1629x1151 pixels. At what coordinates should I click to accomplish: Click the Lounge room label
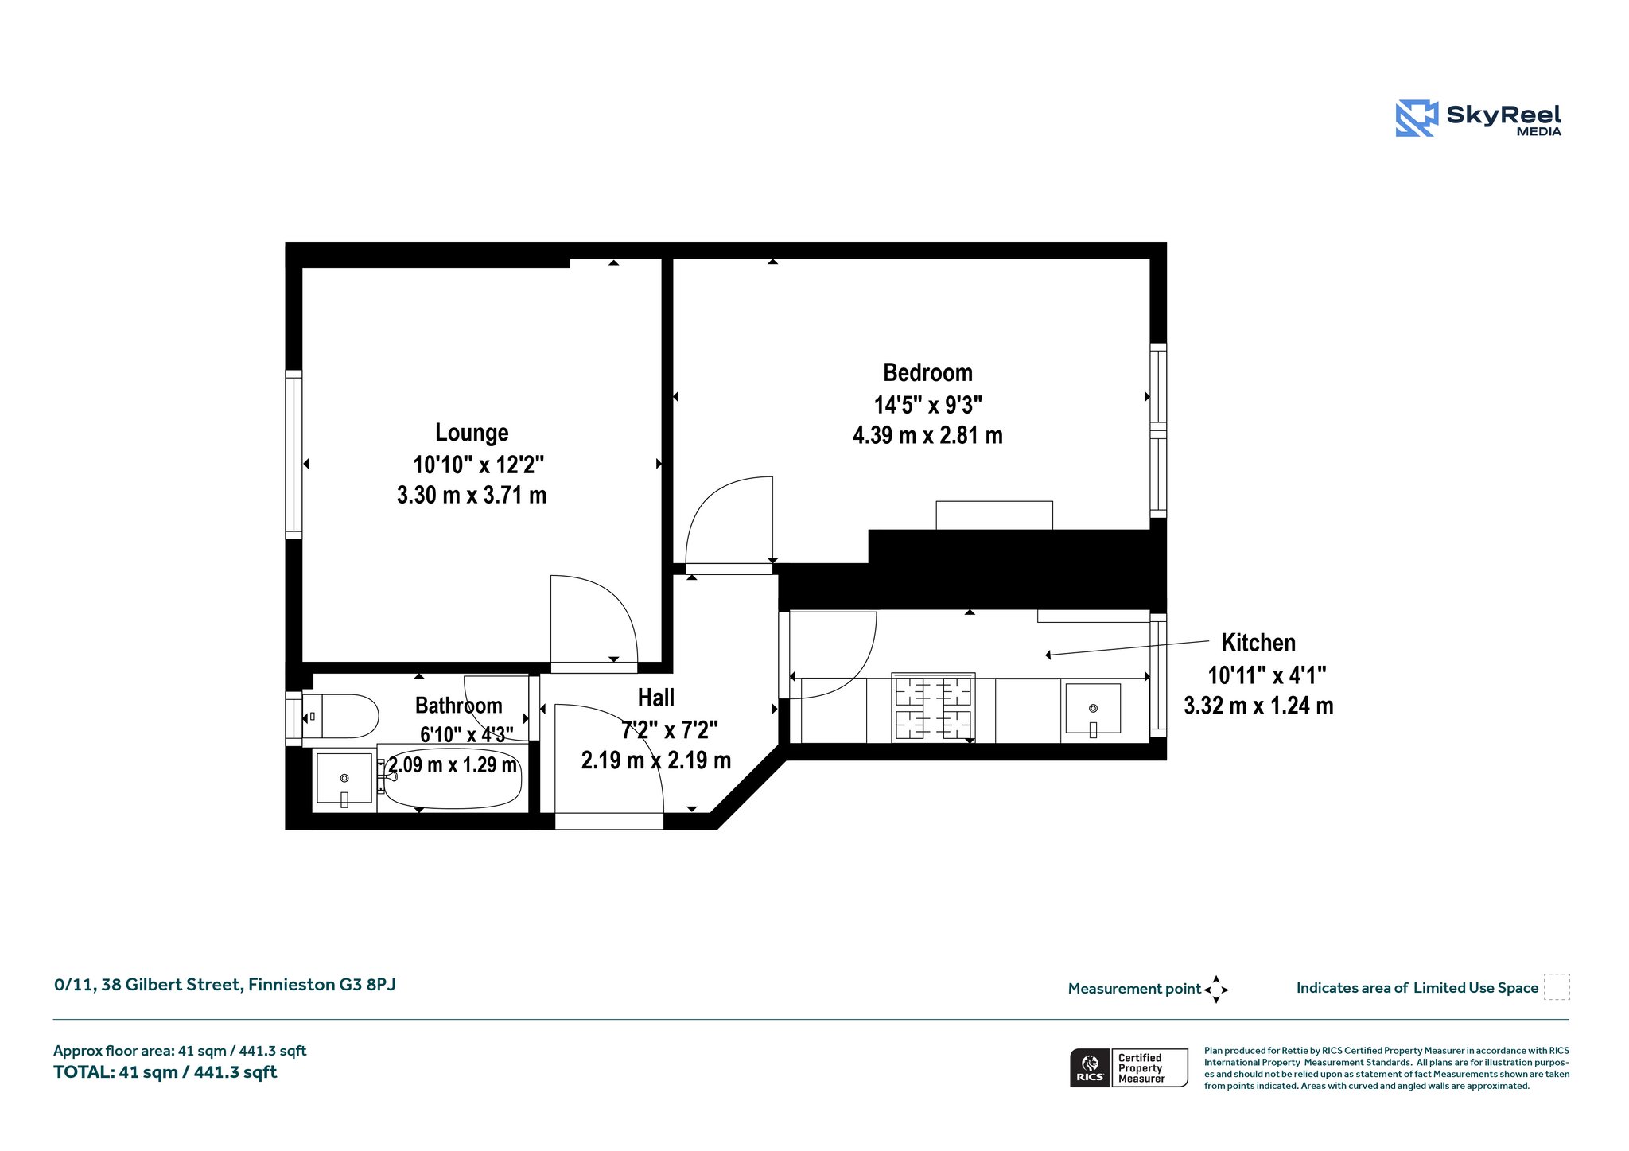472,433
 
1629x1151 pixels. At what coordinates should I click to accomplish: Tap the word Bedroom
927,372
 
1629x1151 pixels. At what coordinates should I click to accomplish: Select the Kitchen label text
1258,643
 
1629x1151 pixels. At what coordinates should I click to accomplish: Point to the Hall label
656,698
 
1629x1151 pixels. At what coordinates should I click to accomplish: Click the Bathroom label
459,706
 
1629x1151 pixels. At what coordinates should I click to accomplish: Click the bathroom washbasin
344,779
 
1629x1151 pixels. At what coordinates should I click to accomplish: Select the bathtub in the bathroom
449,779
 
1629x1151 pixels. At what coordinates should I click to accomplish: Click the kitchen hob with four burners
934,707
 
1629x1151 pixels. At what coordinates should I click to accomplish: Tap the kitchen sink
1093,709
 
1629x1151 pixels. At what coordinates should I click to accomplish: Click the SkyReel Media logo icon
1417,119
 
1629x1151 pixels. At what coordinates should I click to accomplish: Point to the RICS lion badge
1090,1067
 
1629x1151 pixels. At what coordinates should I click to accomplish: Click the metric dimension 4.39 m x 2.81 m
927,435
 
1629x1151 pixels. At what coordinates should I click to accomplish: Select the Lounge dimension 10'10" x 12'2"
479,464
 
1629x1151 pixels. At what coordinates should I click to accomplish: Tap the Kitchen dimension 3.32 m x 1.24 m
1258,706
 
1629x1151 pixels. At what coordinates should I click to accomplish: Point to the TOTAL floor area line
165,1072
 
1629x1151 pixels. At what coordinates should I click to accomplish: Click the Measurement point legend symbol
1216,990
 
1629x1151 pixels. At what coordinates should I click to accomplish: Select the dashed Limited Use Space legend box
1557,987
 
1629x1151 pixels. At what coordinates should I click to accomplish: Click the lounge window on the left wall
294,455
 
